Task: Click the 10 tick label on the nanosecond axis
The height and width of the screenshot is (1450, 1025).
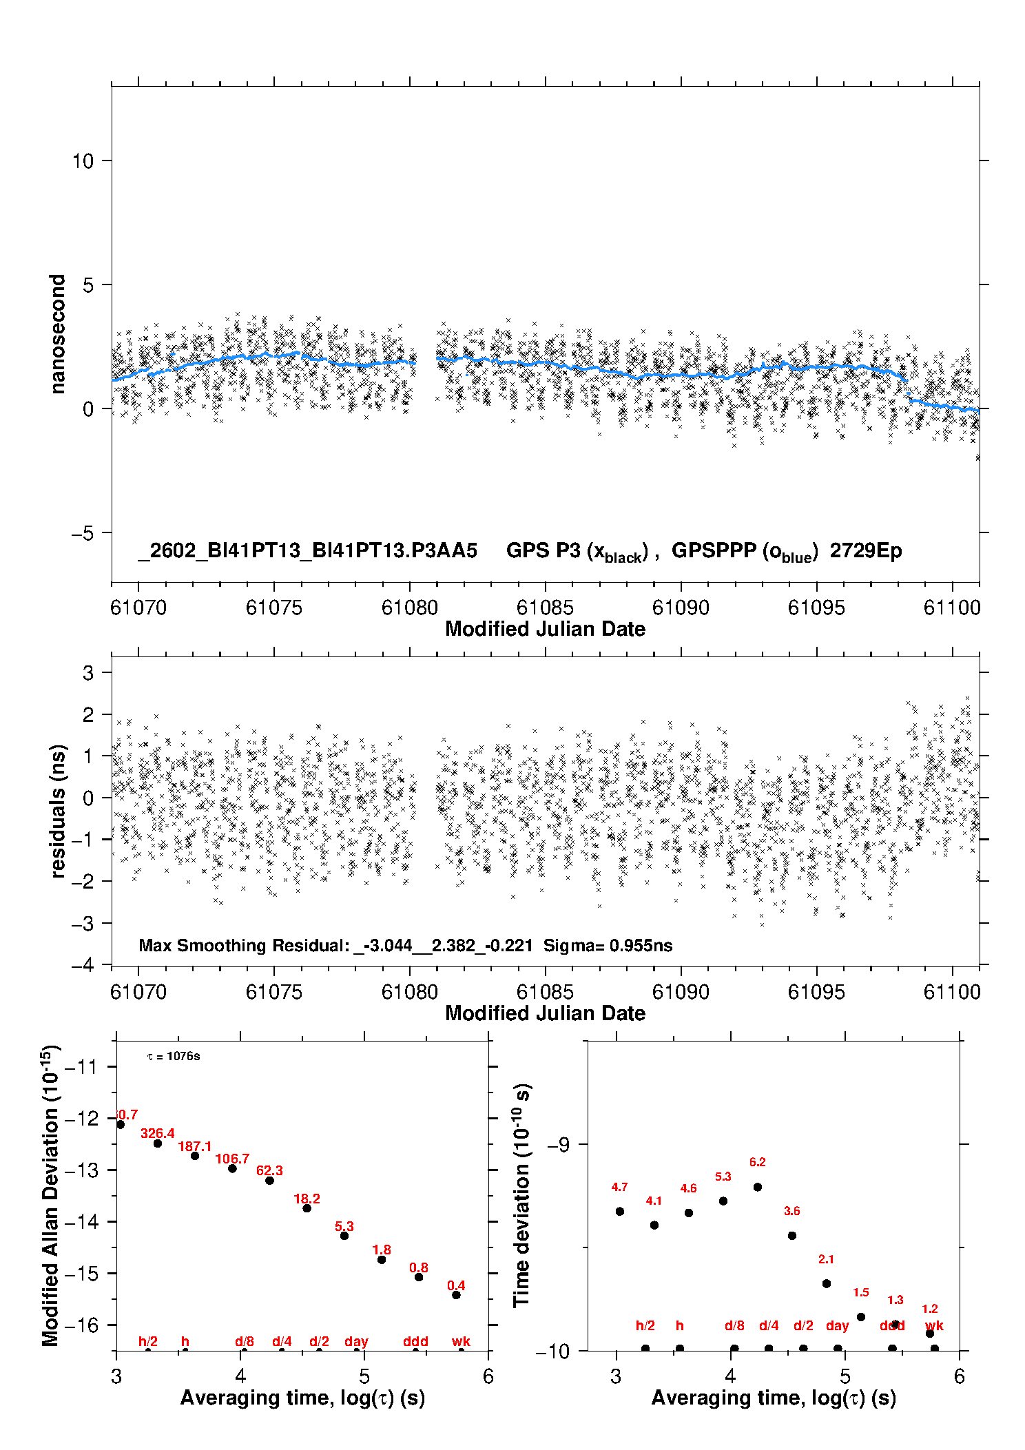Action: tap(83, 161)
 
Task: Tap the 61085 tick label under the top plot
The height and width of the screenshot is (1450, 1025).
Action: tap(545, 608)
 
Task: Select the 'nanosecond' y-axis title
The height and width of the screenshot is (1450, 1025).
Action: tap(58, 333)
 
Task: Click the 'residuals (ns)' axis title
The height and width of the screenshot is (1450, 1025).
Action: tap(58, 811)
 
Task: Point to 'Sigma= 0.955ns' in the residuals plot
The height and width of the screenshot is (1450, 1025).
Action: tap(608, 945)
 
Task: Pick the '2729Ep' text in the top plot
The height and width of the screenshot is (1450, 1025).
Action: tap(865, 550)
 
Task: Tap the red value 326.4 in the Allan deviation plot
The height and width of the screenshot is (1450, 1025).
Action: tap(158, 1133)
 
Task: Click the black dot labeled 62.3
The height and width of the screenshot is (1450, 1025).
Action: tap(269, 1181)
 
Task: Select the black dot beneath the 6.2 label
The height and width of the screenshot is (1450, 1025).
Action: tap(758, 1187)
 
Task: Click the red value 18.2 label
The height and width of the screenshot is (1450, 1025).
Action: tap(307, 1199)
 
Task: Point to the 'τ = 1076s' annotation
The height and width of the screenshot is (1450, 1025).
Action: tap(174, 1057)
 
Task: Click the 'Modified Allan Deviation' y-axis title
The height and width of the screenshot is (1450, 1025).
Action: tap(51, 1195)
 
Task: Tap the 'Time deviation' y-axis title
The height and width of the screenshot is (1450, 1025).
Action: tap(521, 1195)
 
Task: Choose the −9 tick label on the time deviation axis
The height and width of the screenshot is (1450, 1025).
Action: tap(559, 1144)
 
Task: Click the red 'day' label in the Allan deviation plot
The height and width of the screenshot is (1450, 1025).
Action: tap(356, 1341)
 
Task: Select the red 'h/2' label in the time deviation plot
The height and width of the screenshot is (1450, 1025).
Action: tap(645, 1325)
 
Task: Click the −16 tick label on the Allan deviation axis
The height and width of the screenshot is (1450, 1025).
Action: tap(81, 1325)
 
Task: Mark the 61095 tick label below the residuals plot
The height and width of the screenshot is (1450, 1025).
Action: tap(816, 992)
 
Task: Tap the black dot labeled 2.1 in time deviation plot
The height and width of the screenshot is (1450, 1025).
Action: tap(827, 1283)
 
